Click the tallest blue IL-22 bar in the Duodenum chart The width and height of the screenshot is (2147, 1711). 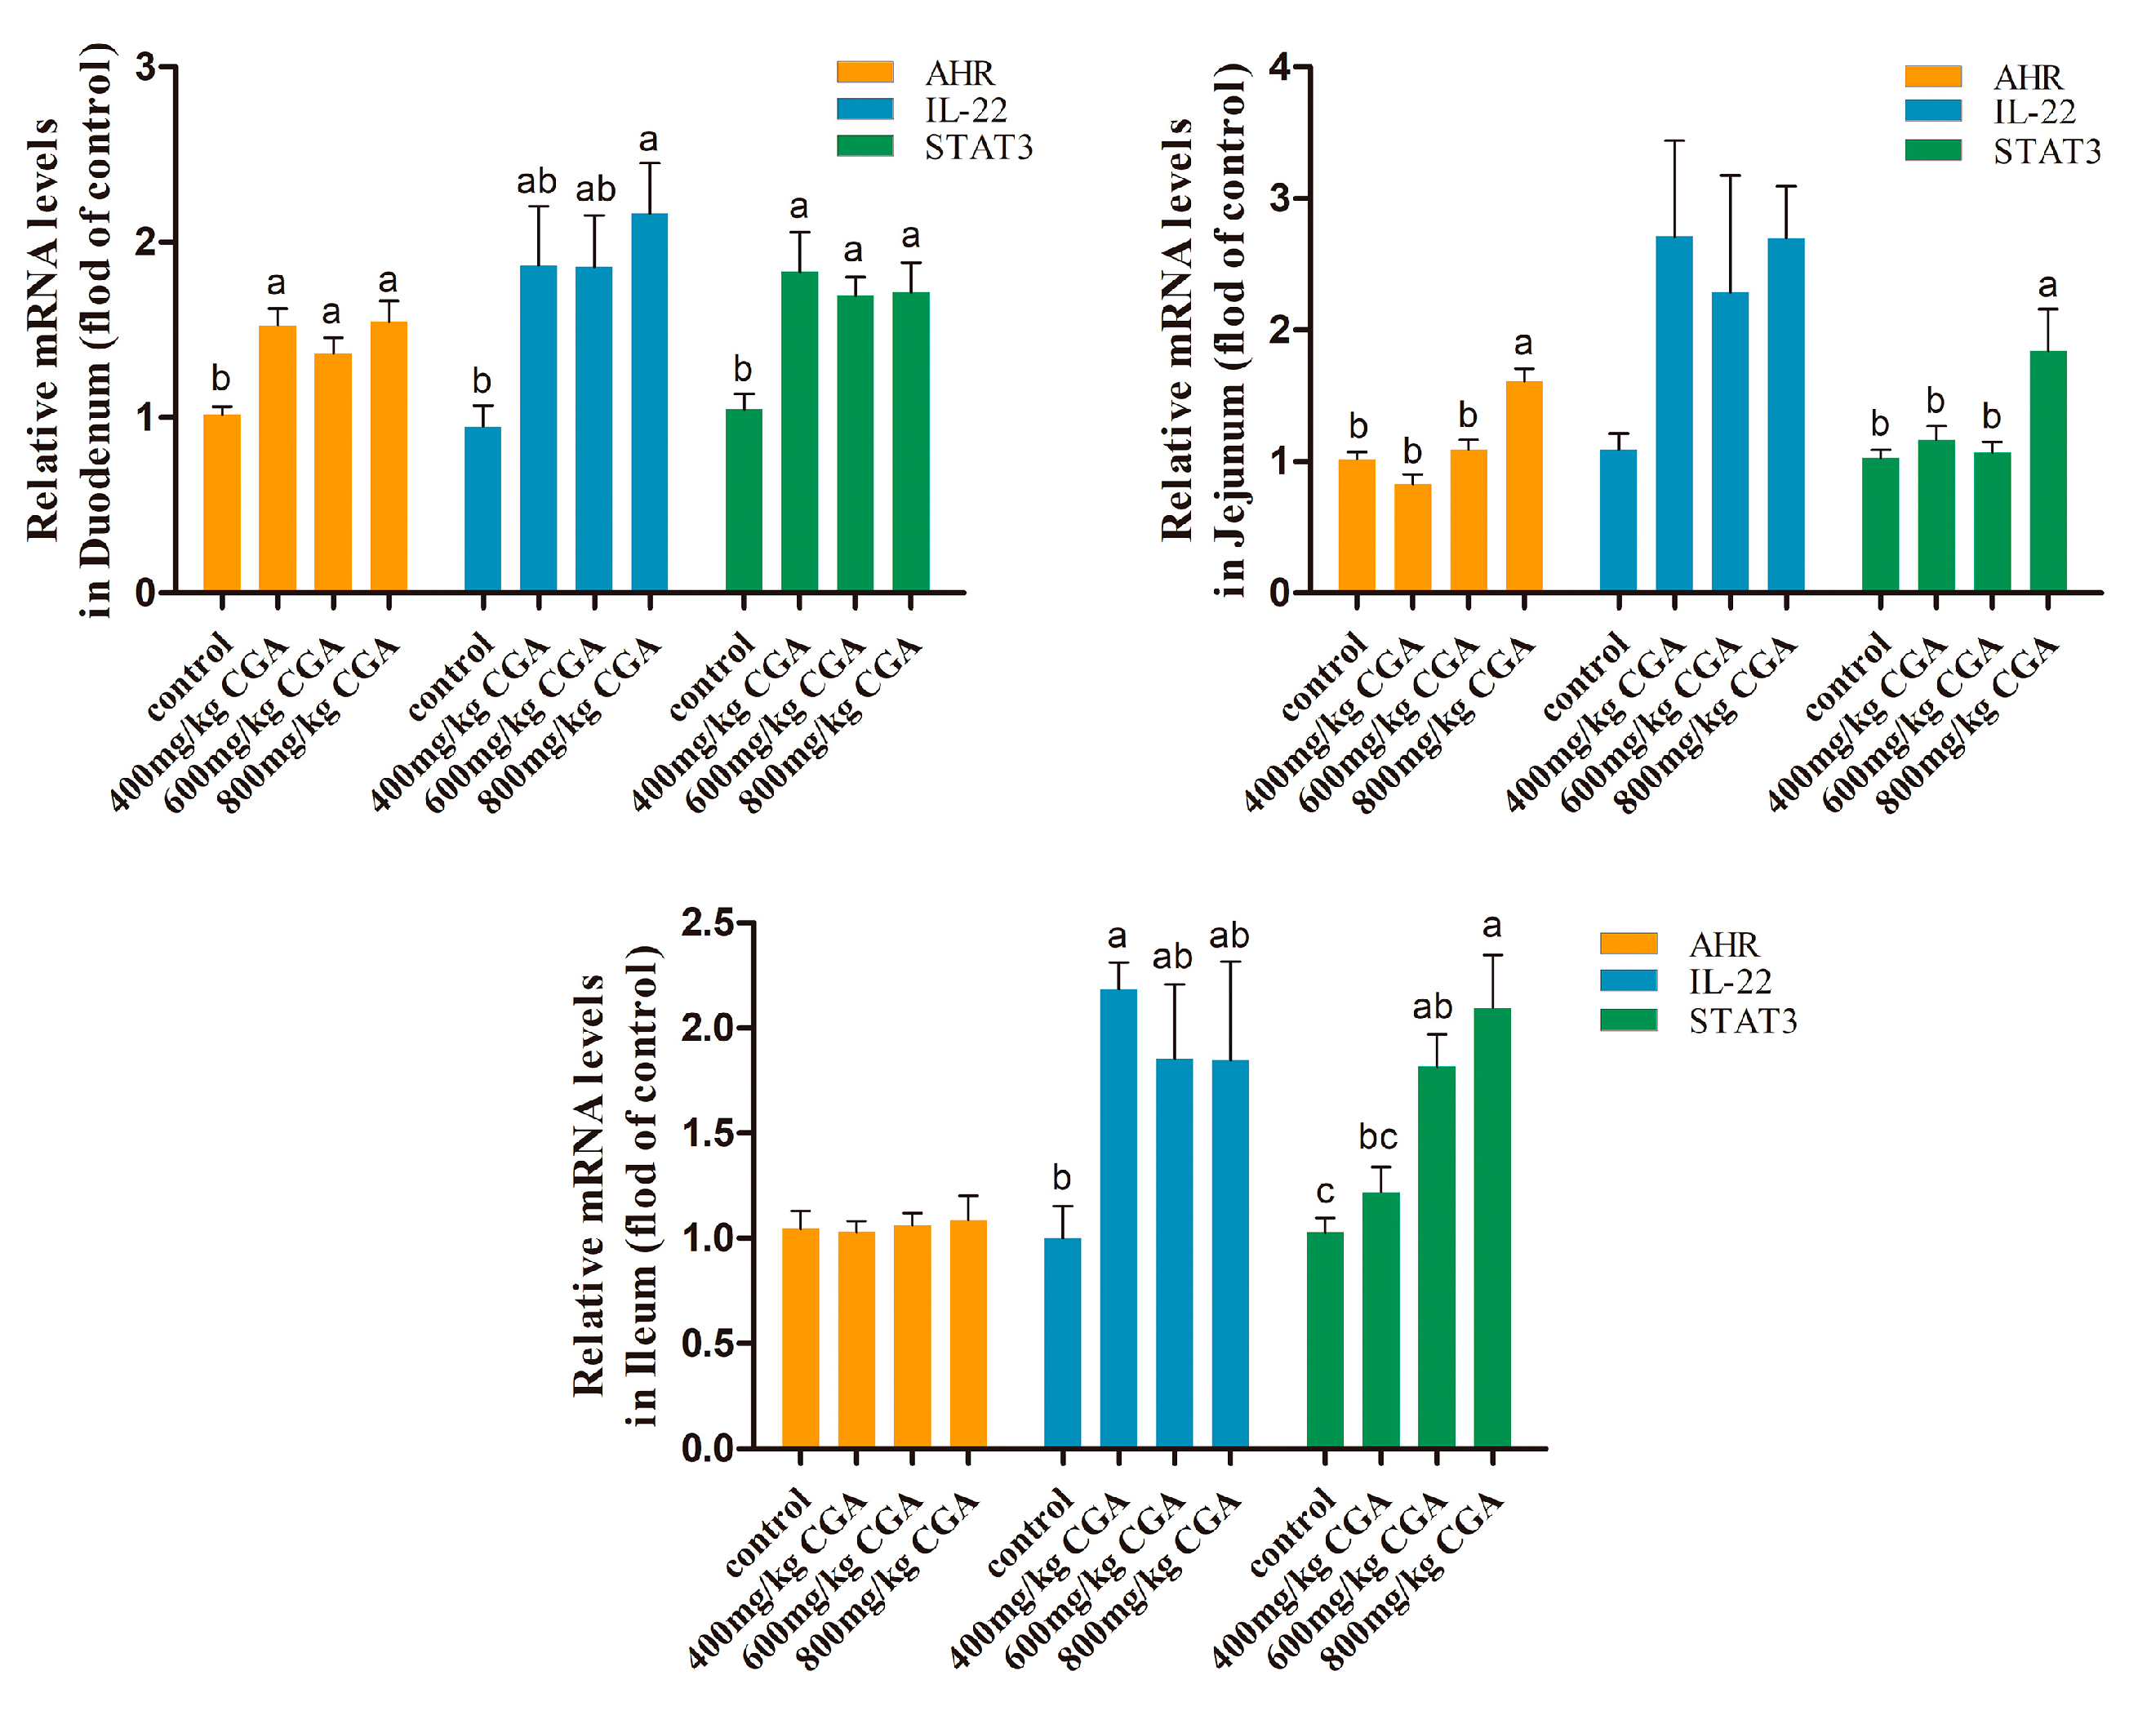tap(649, 403)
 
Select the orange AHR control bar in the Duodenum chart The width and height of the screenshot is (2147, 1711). tap(222, 503)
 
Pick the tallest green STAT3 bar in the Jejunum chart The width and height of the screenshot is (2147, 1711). tap(2047, 472)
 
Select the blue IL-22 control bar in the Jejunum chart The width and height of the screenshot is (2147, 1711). tap(1618, 521)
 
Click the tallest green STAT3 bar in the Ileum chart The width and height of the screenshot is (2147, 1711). tap(1491, 1228)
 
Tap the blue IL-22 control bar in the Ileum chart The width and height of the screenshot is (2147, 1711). tap(1063, 1343)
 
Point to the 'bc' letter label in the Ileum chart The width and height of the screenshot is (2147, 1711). tap(1378, 1137)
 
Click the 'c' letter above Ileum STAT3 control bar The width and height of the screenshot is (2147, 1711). tap(1324, 1191)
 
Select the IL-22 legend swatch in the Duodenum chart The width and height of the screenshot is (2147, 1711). tap(865, 109)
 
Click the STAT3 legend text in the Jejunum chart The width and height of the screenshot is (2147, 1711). tap(2047, 151)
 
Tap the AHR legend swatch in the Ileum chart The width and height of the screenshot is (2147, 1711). tap(1628, 943)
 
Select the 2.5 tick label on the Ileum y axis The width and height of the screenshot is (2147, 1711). tap(707, 923)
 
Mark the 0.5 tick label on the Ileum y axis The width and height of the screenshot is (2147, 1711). tap(707, 1344)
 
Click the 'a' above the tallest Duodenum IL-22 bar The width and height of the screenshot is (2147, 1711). tap(648, 140)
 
